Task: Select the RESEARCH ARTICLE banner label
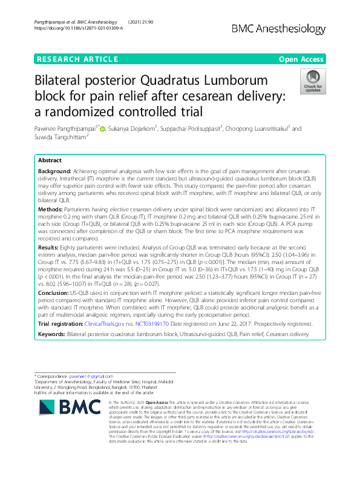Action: coord(77,59)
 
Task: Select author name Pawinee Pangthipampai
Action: coord(68,128)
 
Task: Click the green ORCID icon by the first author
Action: coord(103,128)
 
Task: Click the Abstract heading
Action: coord(50,161)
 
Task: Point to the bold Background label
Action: coord(53,173)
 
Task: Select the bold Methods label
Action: coord(50,208)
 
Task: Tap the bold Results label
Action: coord(50,248)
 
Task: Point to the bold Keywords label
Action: coord(51,334)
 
